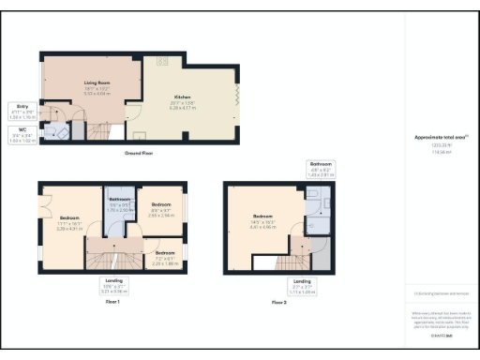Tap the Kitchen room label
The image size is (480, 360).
pos(182,97)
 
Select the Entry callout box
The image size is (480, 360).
pos(22,111)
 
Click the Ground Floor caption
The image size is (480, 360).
pos(139,153)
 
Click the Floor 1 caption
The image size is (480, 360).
pos(112,302)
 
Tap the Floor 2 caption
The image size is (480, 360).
pos(279,302)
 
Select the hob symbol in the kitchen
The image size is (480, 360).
pos(161,62)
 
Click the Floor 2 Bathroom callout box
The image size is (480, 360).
pos(322,170)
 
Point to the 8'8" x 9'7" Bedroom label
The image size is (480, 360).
pos(161,207)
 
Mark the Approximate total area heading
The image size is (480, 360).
pos(441,137)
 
